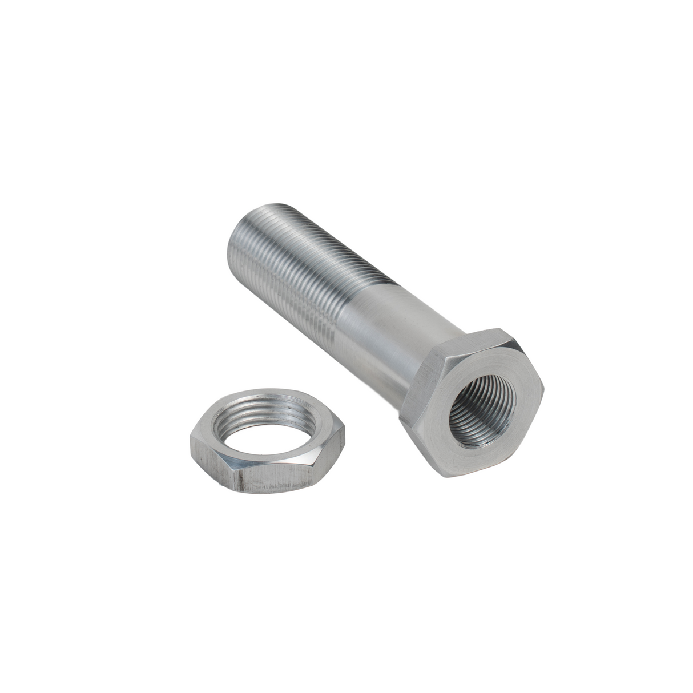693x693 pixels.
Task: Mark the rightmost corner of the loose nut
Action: [345, 437]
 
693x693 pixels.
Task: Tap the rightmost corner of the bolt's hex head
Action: [543, 390]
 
